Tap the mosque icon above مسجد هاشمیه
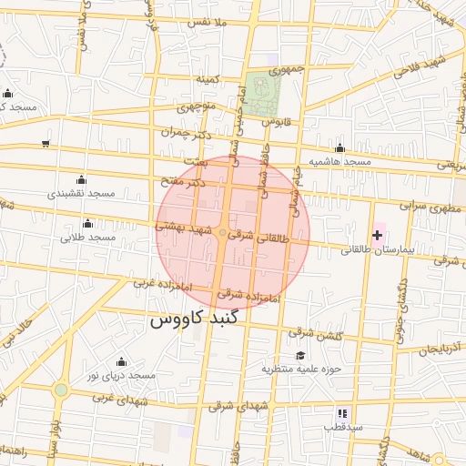pyautogui.click(x=340, y=148)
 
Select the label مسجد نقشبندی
pyautogui.click(x=81, y=194)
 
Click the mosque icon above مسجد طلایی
pyautogui.click(x=88, y=224)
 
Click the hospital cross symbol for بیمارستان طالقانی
pyautogui.click(x=378, y=235)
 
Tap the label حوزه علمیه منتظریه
pyautogui.click(x=300, y=369)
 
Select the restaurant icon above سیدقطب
pyautogui.click(x=342, y=413)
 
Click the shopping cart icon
pyautogui.click(x=46, y=144)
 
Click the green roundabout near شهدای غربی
pyautogui.click(x=61, y=390)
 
